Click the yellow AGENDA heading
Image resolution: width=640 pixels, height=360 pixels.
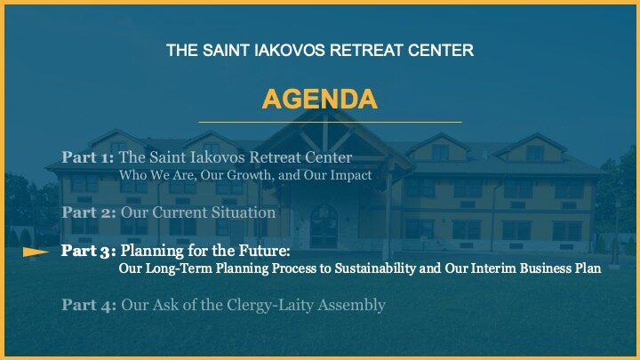pos(320,100)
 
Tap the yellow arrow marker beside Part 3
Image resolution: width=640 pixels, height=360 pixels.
pos(36,252)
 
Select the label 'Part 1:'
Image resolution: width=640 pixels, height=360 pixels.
pos(87,157)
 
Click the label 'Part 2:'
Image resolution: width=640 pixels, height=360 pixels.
pos(89,212)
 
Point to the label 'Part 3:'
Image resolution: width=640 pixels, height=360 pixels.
pos(89,251)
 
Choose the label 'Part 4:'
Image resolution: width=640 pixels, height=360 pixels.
pos(89,305)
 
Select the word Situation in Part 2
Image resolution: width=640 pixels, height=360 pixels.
pos(249,212)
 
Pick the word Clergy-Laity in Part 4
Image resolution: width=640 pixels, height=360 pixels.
pos(270,305)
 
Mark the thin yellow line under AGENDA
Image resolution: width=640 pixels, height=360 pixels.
pos(330,122)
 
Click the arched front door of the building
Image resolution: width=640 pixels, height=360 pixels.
pos(324,227)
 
